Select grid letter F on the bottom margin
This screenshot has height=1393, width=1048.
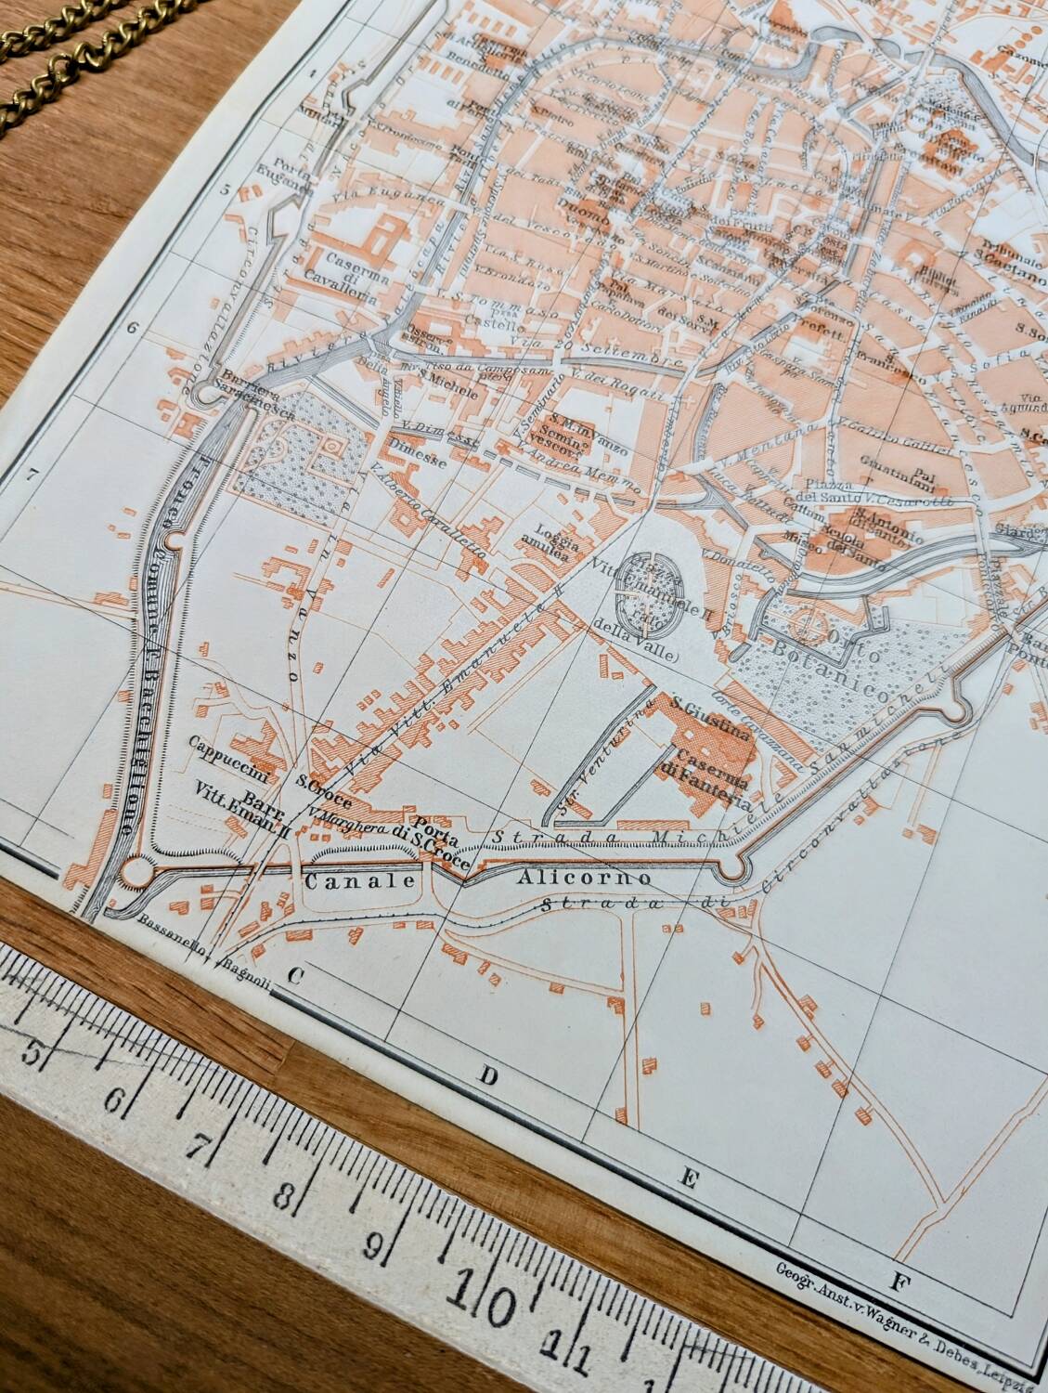pos(897,1284)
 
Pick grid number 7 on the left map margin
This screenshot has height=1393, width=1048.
pos(33,475)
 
